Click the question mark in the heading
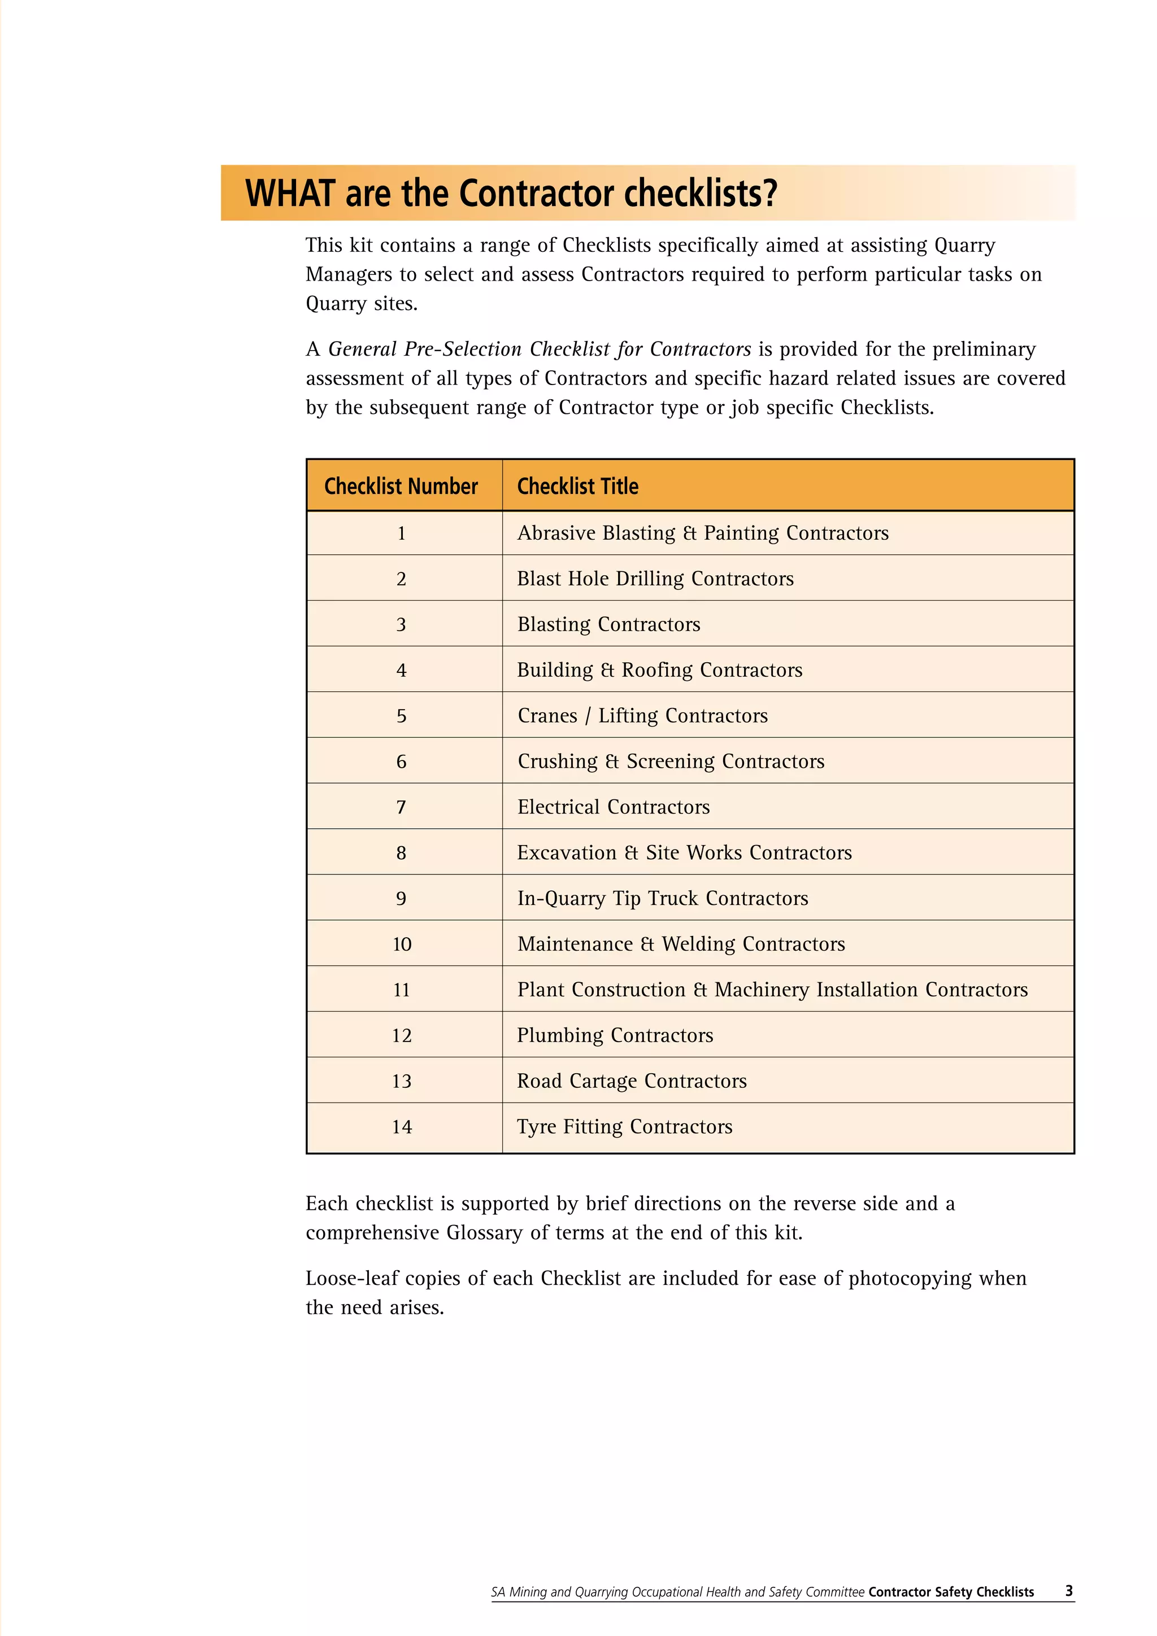pos(768,193)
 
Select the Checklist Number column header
pos(401,486)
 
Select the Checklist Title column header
pos(577,486)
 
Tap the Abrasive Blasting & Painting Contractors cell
pos(702,533)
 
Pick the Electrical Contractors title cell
pos(613,807)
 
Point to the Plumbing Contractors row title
pos(615,1035)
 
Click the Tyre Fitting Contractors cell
pos(624,1127)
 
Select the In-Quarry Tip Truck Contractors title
pos(662,899)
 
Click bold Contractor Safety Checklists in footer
pos(950,1592)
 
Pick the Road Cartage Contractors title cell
pos(632,1081)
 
